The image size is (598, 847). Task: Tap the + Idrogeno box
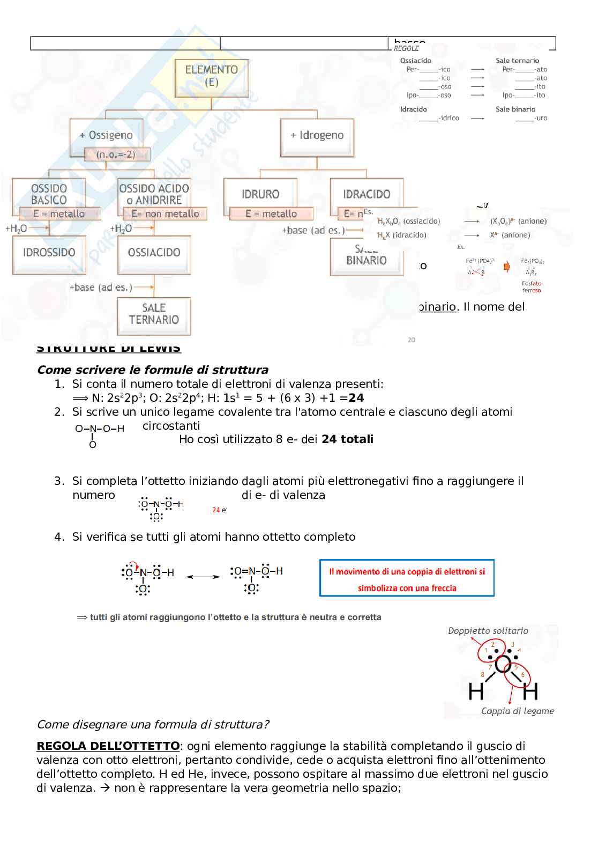click(x=317, y=135)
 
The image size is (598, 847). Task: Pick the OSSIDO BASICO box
click(x=49, y=194)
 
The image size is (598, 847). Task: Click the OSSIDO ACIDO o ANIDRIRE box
click(x=154, y=194)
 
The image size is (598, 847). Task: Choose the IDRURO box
click(x=260, y=194)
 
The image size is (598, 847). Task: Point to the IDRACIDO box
click(x=367, y=194)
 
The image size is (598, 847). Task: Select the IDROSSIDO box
click(x=49, y=253)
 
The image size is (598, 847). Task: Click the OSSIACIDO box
click(x=154, y=253)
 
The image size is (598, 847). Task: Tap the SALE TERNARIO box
click(x=154, y=314)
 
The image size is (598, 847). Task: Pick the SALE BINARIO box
click(x=367, y=256)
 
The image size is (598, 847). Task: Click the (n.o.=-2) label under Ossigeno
click(x=116, y=154)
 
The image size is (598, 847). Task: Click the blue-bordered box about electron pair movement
click(x=407, y=578)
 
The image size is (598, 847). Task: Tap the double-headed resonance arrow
click(x=203, y=577)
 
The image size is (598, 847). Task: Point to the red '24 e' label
click(x=219, y=510)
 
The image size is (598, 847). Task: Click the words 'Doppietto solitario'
click(x=488, y=631)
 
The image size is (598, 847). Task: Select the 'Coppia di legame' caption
click(x=517, y=711)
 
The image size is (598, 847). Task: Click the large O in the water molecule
click(x=503, y=665)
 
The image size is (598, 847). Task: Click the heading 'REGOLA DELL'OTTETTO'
click(x=108, y=746)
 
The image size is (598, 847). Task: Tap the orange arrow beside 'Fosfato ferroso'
click(x=507, y=266)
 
